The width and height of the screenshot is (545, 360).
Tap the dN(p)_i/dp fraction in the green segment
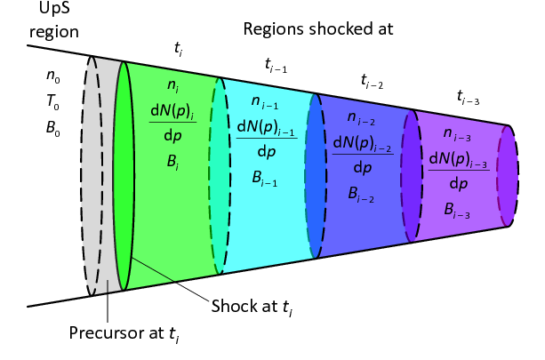click(x=172, y=124)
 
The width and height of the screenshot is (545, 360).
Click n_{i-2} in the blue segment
click(x=361, y=118)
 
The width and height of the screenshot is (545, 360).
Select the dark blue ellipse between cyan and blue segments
click(x=317, y=178)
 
